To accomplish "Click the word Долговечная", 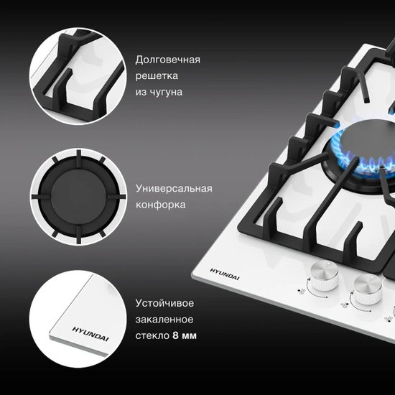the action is pyautogui.click(x=168, y=60).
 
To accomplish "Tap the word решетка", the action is pyautogui.click(x=157, y=76).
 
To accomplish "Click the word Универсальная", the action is pyautogui.click(x=174, y=188).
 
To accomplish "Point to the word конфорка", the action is pyautogui.click(x=161, y=205).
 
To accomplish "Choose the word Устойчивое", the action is pyautogui.click(x=164, y=303).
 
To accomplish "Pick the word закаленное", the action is pyautogui.click(x=164, y=320).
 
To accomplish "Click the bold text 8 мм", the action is pyautogui.click(x=185, y=335).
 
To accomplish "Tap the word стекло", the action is pyautogui.click(x=152, y=336).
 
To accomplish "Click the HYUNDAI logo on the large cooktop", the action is pyautogui.click(x=225, y=274).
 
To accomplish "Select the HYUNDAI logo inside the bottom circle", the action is pyautogui.click(x=90, y=334).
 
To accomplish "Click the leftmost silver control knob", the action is pyautogui.click(x=324, y=276).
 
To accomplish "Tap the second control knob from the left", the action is pyautogui.click(x=367, y=289).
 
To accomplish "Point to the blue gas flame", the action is pyautogui.click(x=363, y=155).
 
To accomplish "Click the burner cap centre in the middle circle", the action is pyautogui.click(x=78, y=196).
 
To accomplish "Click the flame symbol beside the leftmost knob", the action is pyautogui.click(x=301, y=292).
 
